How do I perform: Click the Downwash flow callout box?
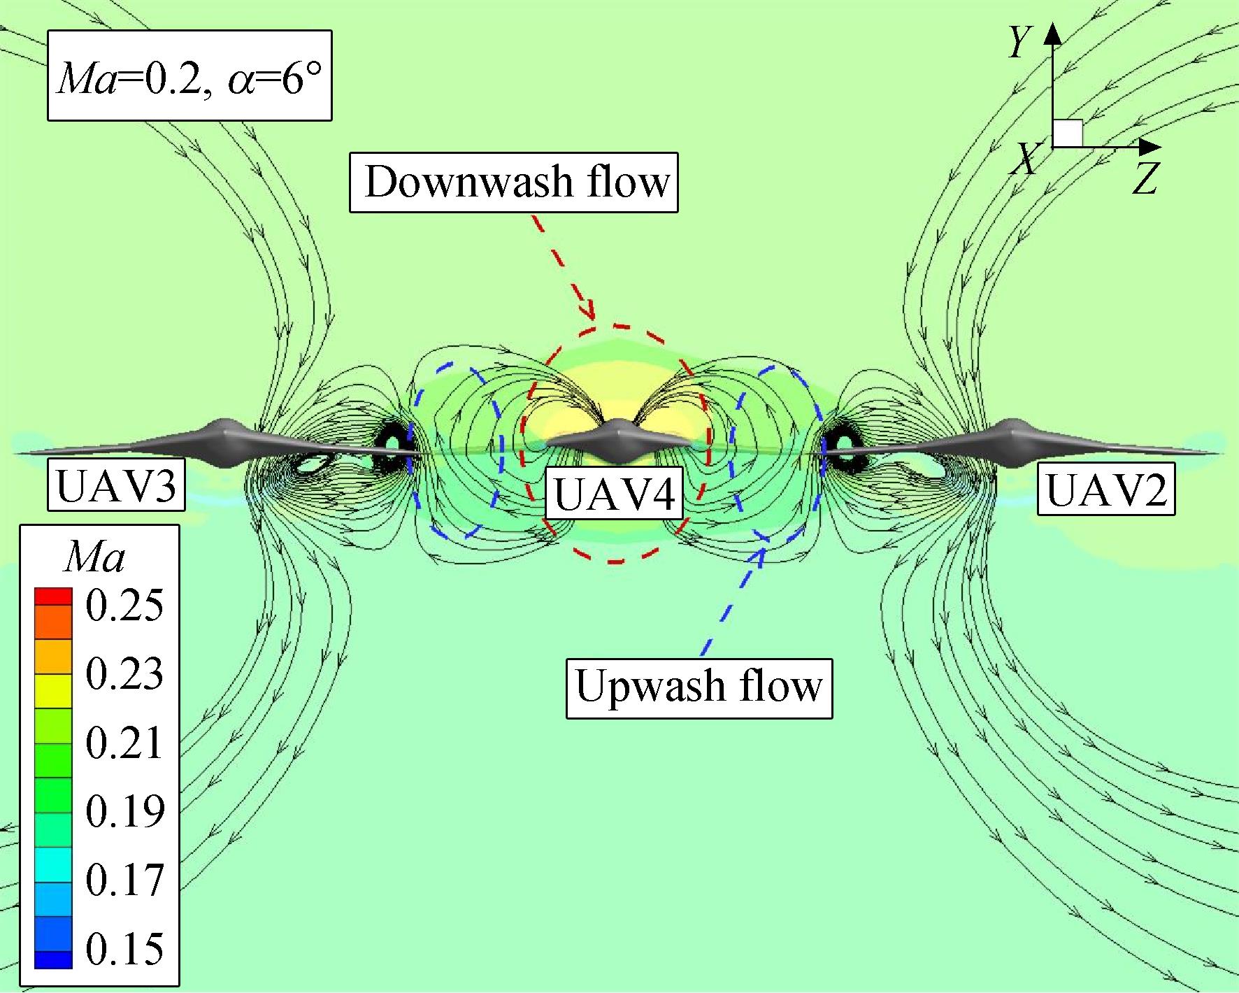coord(514,182)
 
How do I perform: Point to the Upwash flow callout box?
coord(699,687)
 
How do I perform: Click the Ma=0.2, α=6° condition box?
coord(189,75)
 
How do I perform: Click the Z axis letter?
coord(1145,179)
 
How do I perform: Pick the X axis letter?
coord(1026,161)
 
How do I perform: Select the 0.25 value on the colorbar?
coord(124,606)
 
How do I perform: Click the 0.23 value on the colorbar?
coord(124,674)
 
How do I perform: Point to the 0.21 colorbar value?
coord(124,743)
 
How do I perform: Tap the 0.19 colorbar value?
coord(124,811)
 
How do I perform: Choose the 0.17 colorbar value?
coord(124,880)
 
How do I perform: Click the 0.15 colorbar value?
coord(124,949)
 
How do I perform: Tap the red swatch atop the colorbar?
coord(53,596)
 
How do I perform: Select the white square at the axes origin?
coord(1068,133)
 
